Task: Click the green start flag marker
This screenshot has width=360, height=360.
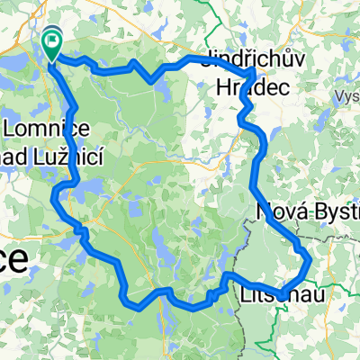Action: (x=52, y=41)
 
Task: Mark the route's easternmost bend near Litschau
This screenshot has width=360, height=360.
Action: (x=310, y=261)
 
